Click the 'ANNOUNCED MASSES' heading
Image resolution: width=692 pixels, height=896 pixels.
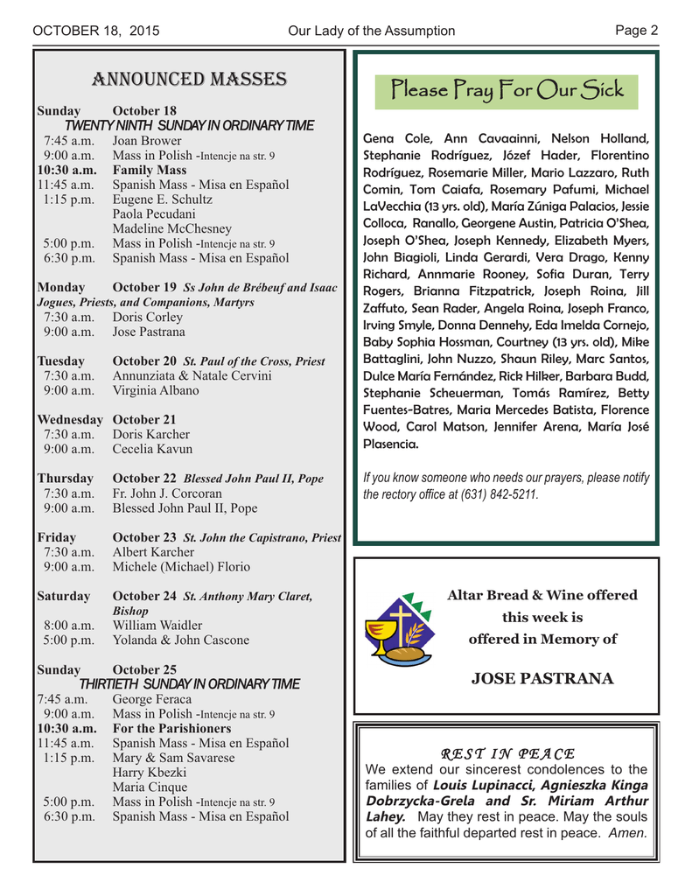pyautogui.click(x=190, y=80)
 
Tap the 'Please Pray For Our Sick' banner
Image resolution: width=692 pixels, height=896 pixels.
pyautogui.click(x=507, y=89)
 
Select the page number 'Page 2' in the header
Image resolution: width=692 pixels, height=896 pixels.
pyautogui.click(x=637, y=31)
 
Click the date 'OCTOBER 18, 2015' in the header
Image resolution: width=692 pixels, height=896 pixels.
pyautogui.click(x=96, y=31)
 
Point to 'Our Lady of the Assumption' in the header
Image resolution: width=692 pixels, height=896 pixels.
pyautogui.click(x=371, y=31)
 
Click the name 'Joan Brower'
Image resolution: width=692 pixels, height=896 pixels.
pyautogui.click(x=147, y=141)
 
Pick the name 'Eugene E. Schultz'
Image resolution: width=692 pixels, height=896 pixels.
pyautogui.click(x=163, y=199)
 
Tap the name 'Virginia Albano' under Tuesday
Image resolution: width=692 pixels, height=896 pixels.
pyautogui.click(x=156, y=390)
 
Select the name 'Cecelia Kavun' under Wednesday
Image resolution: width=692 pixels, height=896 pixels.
pyautogui.click(x=152, y=449)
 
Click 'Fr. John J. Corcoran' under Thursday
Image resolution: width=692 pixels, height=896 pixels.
pyautogui.click(x=167, y=493)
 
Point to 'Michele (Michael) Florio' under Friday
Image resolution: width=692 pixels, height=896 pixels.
pyautogui.click(x=181, y=567)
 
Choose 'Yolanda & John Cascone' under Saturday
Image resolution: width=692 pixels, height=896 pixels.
pyautogui.click(x=181, y=640)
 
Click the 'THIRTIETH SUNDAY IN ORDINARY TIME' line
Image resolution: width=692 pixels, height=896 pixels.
pyautogui.click(x=189, y=683)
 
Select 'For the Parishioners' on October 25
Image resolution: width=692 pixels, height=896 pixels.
pyautogui.click(x=171, y=728)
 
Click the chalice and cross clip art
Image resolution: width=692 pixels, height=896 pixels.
pyautogui.click(x=392, y=626)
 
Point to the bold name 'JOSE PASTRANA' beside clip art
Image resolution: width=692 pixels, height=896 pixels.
pyautogui.click(x=542, y=678)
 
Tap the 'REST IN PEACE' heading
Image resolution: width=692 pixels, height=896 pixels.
pyautogui.click(x=507, y=753)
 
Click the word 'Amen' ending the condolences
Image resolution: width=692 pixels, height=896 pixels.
pyautogui.click(x=628, y=832)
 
